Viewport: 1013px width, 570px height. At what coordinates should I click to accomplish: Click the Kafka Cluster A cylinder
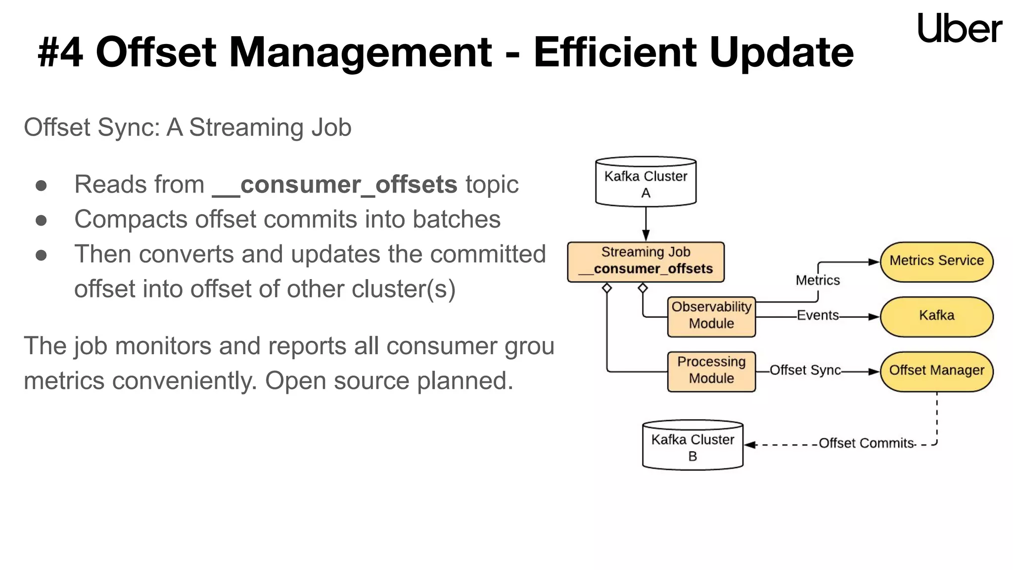pos(645,182)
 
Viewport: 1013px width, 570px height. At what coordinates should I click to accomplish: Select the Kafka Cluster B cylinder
pos(692,445)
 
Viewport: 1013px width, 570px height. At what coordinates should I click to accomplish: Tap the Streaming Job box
pos(645,261)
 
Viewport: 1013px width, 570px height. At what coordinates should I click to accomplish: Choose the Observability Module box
pos(711,316)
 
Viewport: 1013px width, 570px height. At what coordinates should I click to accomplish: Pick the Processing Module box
pos(711,371)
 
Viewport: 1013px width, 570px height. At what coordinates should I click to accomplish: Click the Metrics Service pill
pos(936,261)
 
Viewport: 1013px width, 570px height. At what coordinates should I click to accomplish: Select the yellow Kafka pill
pos(936,316)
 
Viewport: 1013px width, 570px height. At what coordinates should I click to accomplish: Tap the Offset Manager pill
pos(936,371)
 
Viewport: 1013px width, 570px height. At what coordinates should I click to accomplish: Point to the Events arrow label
pos(818,316)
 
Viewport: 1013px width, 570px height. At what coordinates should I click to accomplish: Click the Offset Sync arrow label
pos(805,371)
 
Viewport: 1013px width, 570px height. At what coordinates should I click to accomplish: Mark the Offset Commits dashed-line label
pos(866,443)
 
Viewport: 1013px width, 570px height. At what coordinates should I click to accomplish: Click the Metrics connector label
pos(818,281)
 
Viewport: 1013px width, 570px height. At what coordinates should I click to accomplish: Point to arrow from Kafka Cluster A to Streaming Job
pos(645,224)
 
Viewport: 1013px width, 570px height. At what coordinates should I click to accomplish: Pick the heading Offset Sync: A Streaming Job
pos(187,128)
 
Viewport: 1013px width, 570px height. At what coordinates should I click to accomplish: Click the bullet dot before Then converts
pos(41,255)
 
